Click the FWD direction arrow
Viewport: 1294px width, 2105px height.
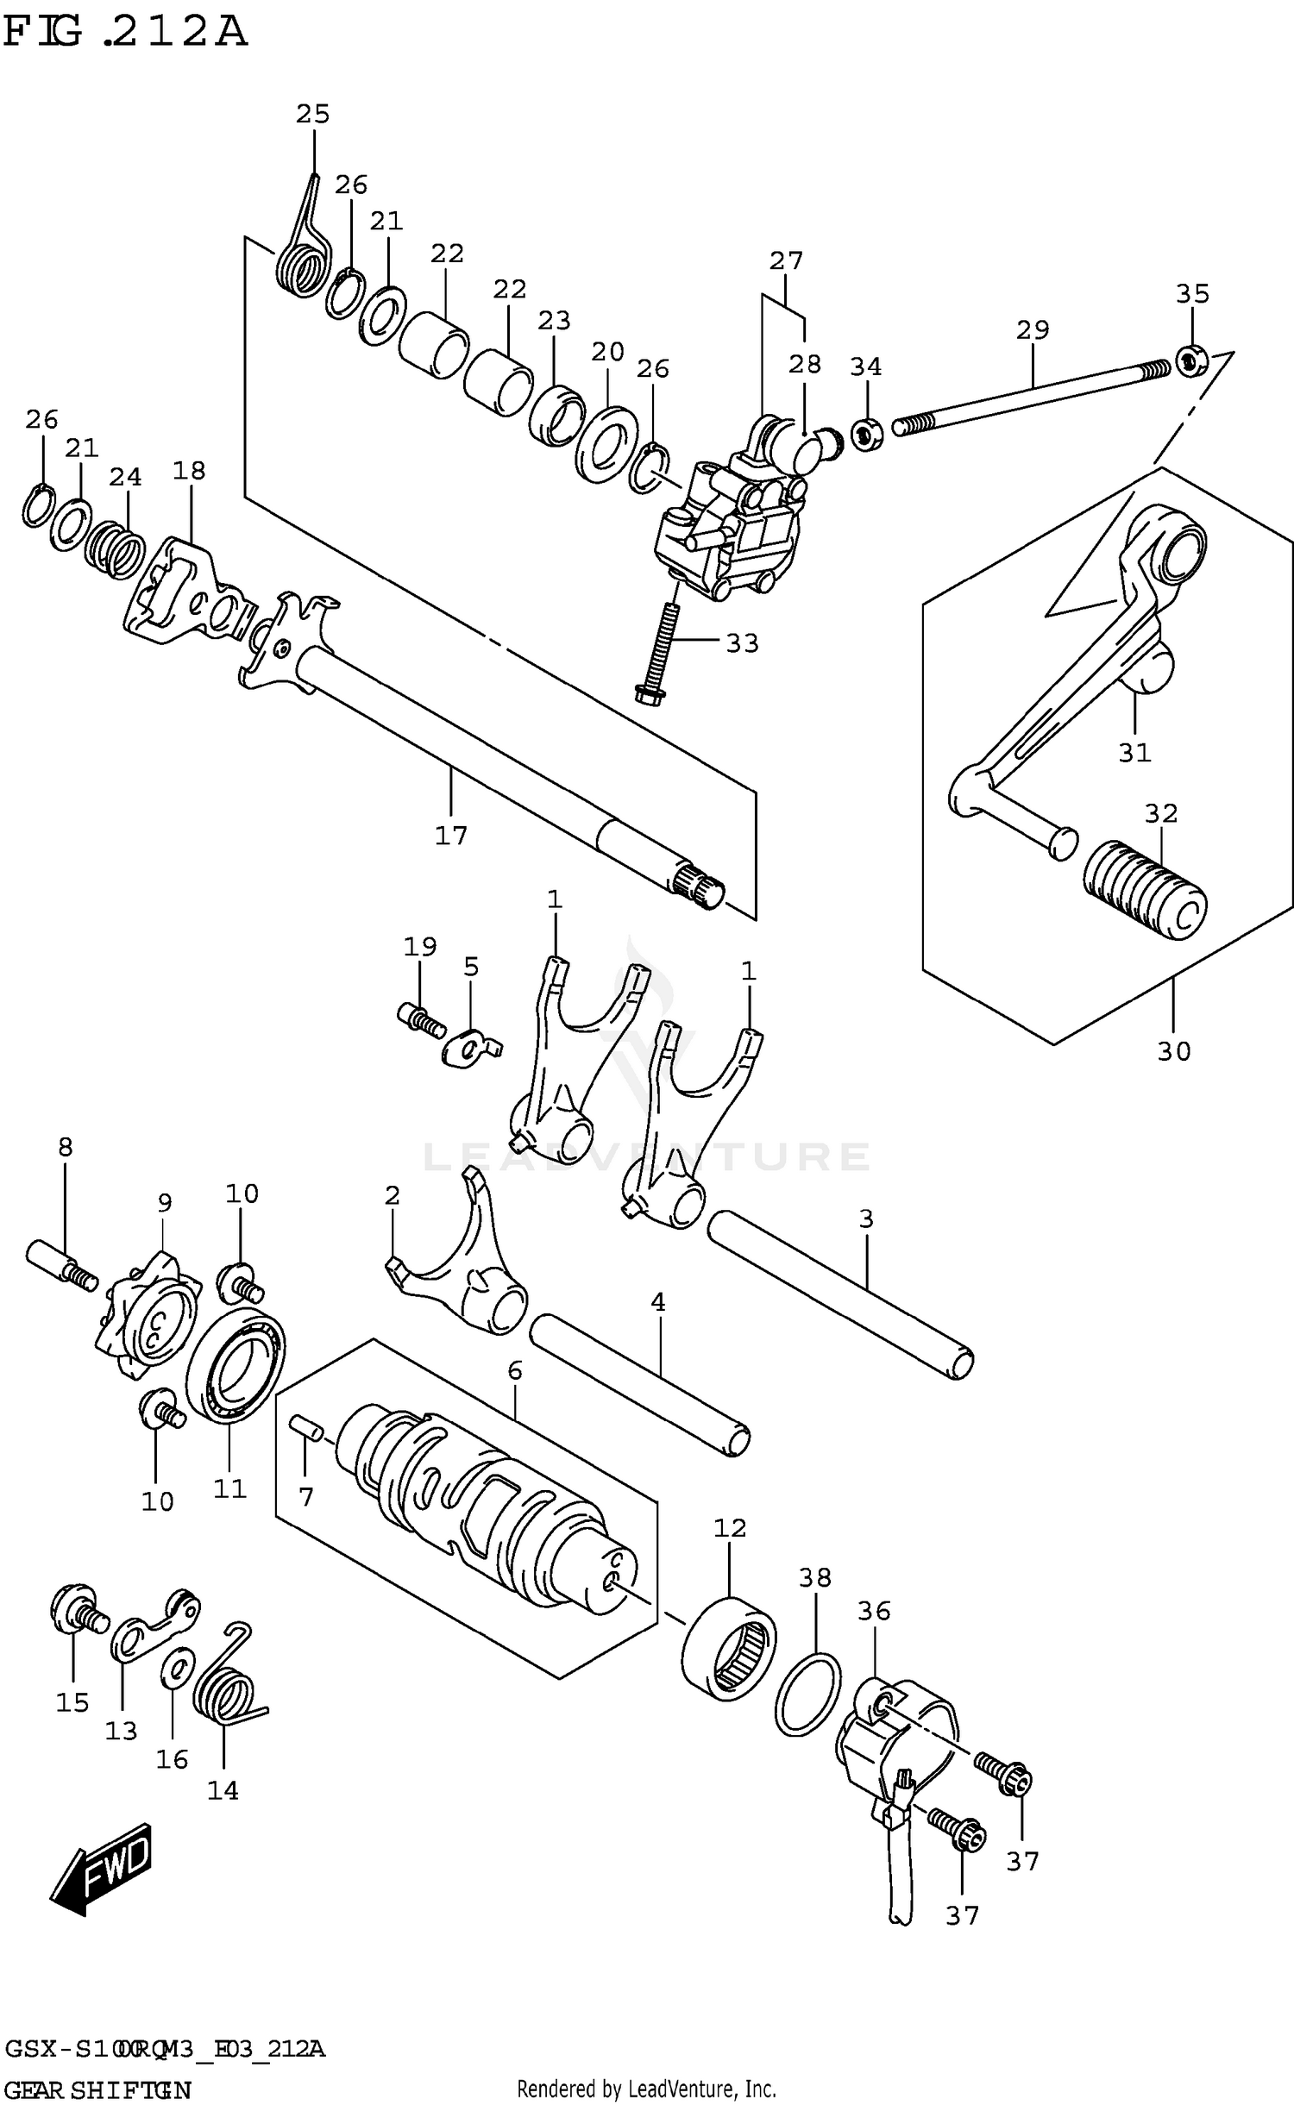102,1868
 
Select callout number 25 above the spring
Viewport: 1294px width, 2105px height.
312,114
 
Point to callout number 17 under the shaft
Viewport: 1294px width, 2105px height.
450,835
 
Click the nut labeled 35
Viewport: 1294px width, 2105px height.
1191,360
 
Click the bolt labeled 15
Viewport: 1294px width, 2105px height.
78,1610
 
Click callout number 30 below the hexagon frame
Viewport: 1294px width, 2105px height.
1173,1050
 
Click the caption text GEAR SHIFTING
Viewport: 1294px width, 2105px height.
97,2089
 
